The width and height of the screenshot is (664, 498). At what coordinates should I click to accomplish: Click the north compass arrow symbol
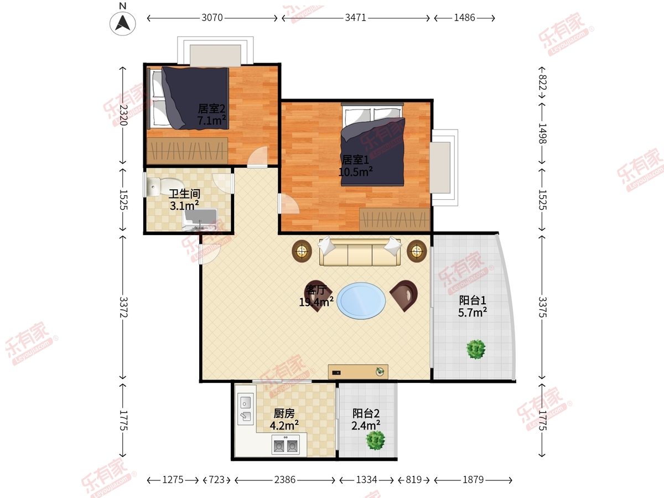(x=122, y=24)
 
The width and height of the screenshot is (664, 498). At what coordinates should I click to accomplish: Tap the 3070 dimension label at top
(x=212, y=18)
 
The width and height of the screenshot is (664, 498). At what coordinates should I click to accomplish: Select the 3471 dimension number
(x=355, y=18)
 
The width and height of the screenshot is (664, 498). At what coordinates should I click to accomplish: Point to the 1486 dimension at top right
(x=464, y=18)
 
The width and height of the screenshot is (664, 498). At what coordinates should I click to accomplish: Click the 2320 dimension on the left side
(x=123, y=115)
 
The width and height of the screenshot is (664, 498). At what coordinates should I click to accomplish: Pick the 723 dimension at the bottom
(x=216, y=480)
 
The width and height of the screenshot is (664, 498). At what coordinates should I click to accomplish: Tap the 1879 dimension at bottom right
(x=473, y=480)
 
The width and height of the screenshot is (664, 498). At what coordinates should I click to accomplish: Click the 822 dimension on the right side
(x=542, y=82)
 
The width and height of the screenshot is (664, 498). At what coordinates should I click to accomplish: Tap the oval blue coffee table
(x=361, y=300)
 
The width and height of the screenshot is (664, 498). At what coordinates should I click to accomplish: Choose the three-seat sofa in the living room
(x=360, y=252)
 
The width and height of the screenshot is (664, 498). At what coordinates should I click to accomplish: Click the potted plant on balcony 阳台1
(x=476, y=349)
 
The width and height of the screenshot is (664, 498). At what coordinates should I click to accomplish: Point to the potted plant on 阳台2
(x=375, y=440)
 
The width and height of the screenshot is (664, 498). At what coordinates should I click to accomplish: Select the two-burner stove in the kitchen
(x=286, y=444)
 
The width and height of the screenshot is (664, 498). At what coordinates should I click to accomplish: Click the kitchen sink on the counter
(x=245, y=409)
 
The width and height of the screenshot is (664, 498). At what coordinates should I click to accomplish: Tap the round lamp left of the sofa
(x=302, y=251)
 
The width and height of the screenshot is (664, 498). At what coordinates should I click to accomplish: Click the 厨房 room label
(x=284, y=413)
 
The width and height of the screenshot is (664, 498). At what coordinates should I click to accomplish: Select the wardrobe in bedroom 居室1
(x=395, y=219)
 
